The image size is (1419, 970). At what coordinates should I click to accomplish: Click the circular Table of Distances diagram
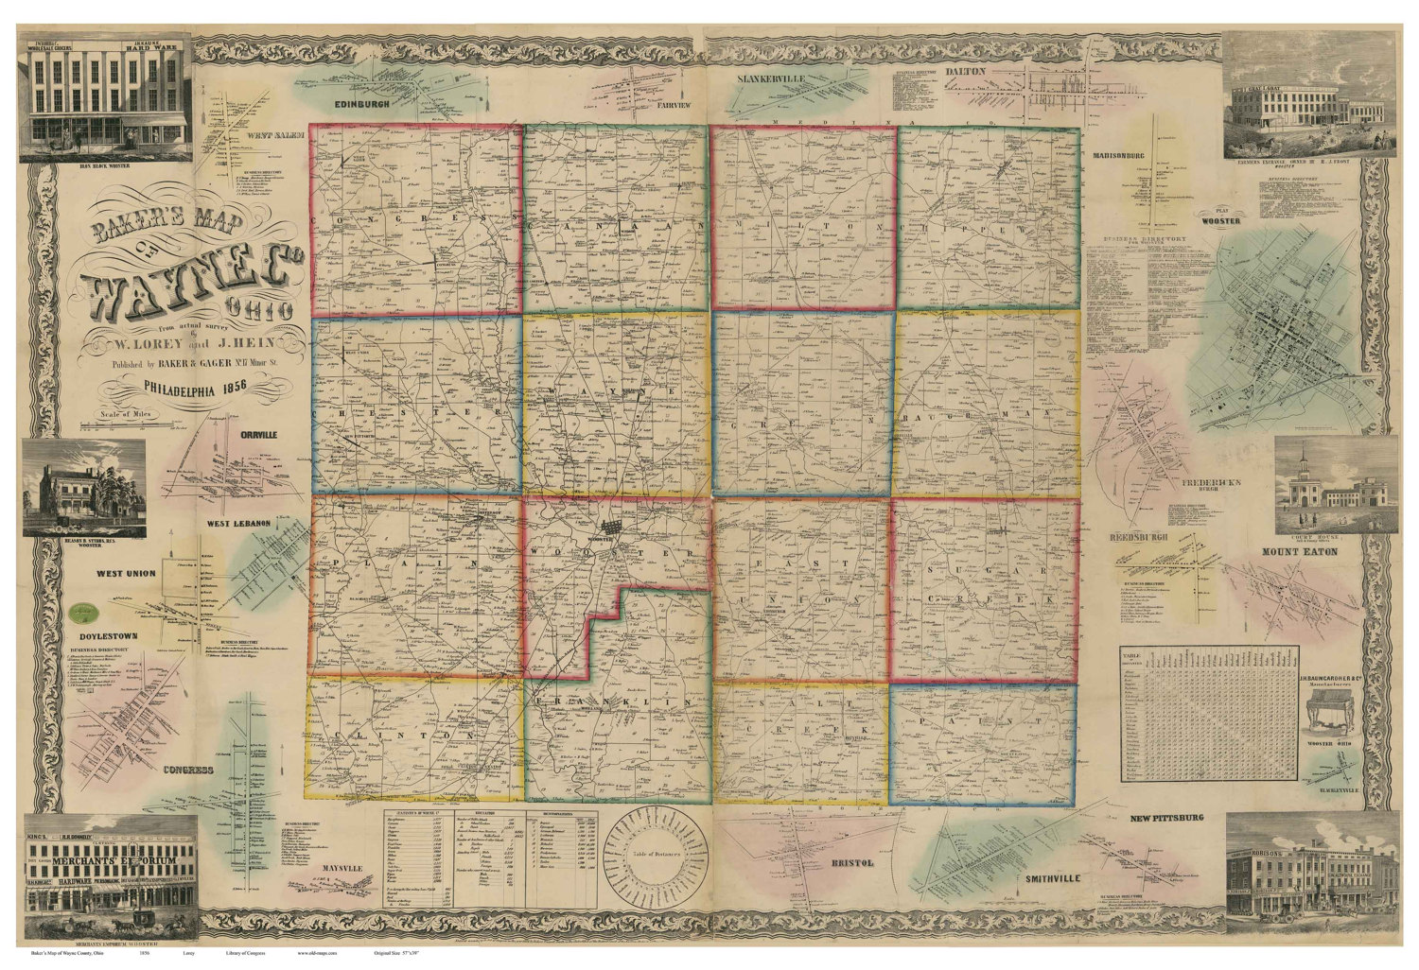point(656,852)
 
